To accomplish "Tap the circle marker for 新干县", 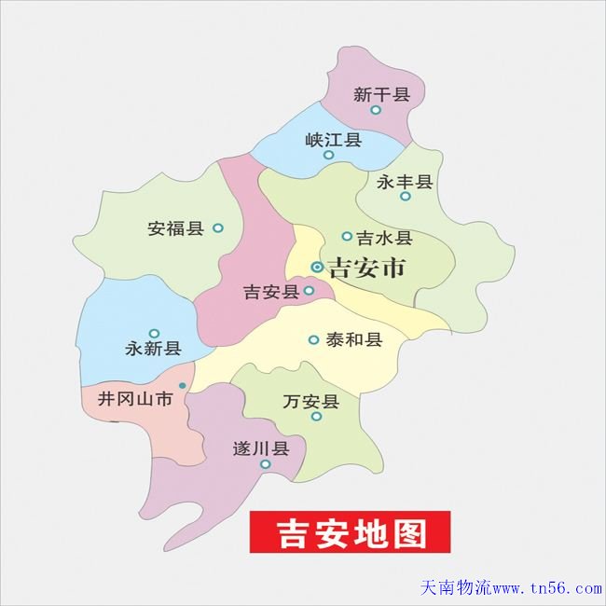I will tap(376, 110).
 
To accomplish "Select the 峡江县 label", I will tap(333, 141).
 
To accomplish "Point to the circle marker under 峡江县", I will tap(328, 155).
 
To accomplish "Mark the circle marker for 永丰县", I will tap(405, 197).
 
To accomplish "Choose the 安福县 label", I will tap(175, 227).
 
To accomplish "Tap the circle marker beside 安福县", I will tap(218, 227).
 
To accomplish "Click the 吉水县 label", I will tap(383, 238).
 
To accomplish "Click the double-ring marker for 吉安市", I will tap(317, 268).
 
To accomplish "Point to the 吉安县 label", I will tap(270, 293).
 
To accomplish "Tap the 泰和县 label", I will tap(354, 340).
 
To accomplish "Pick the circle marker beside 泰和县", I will tap(313, 340).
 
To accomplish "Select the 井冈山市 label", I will tap(136, 400).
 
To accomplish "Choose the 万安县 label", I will tap(310, 402).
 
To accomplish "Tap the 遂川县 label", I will tap(261, 448).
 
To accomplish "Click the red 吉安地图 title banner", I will tap(350, 532).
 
